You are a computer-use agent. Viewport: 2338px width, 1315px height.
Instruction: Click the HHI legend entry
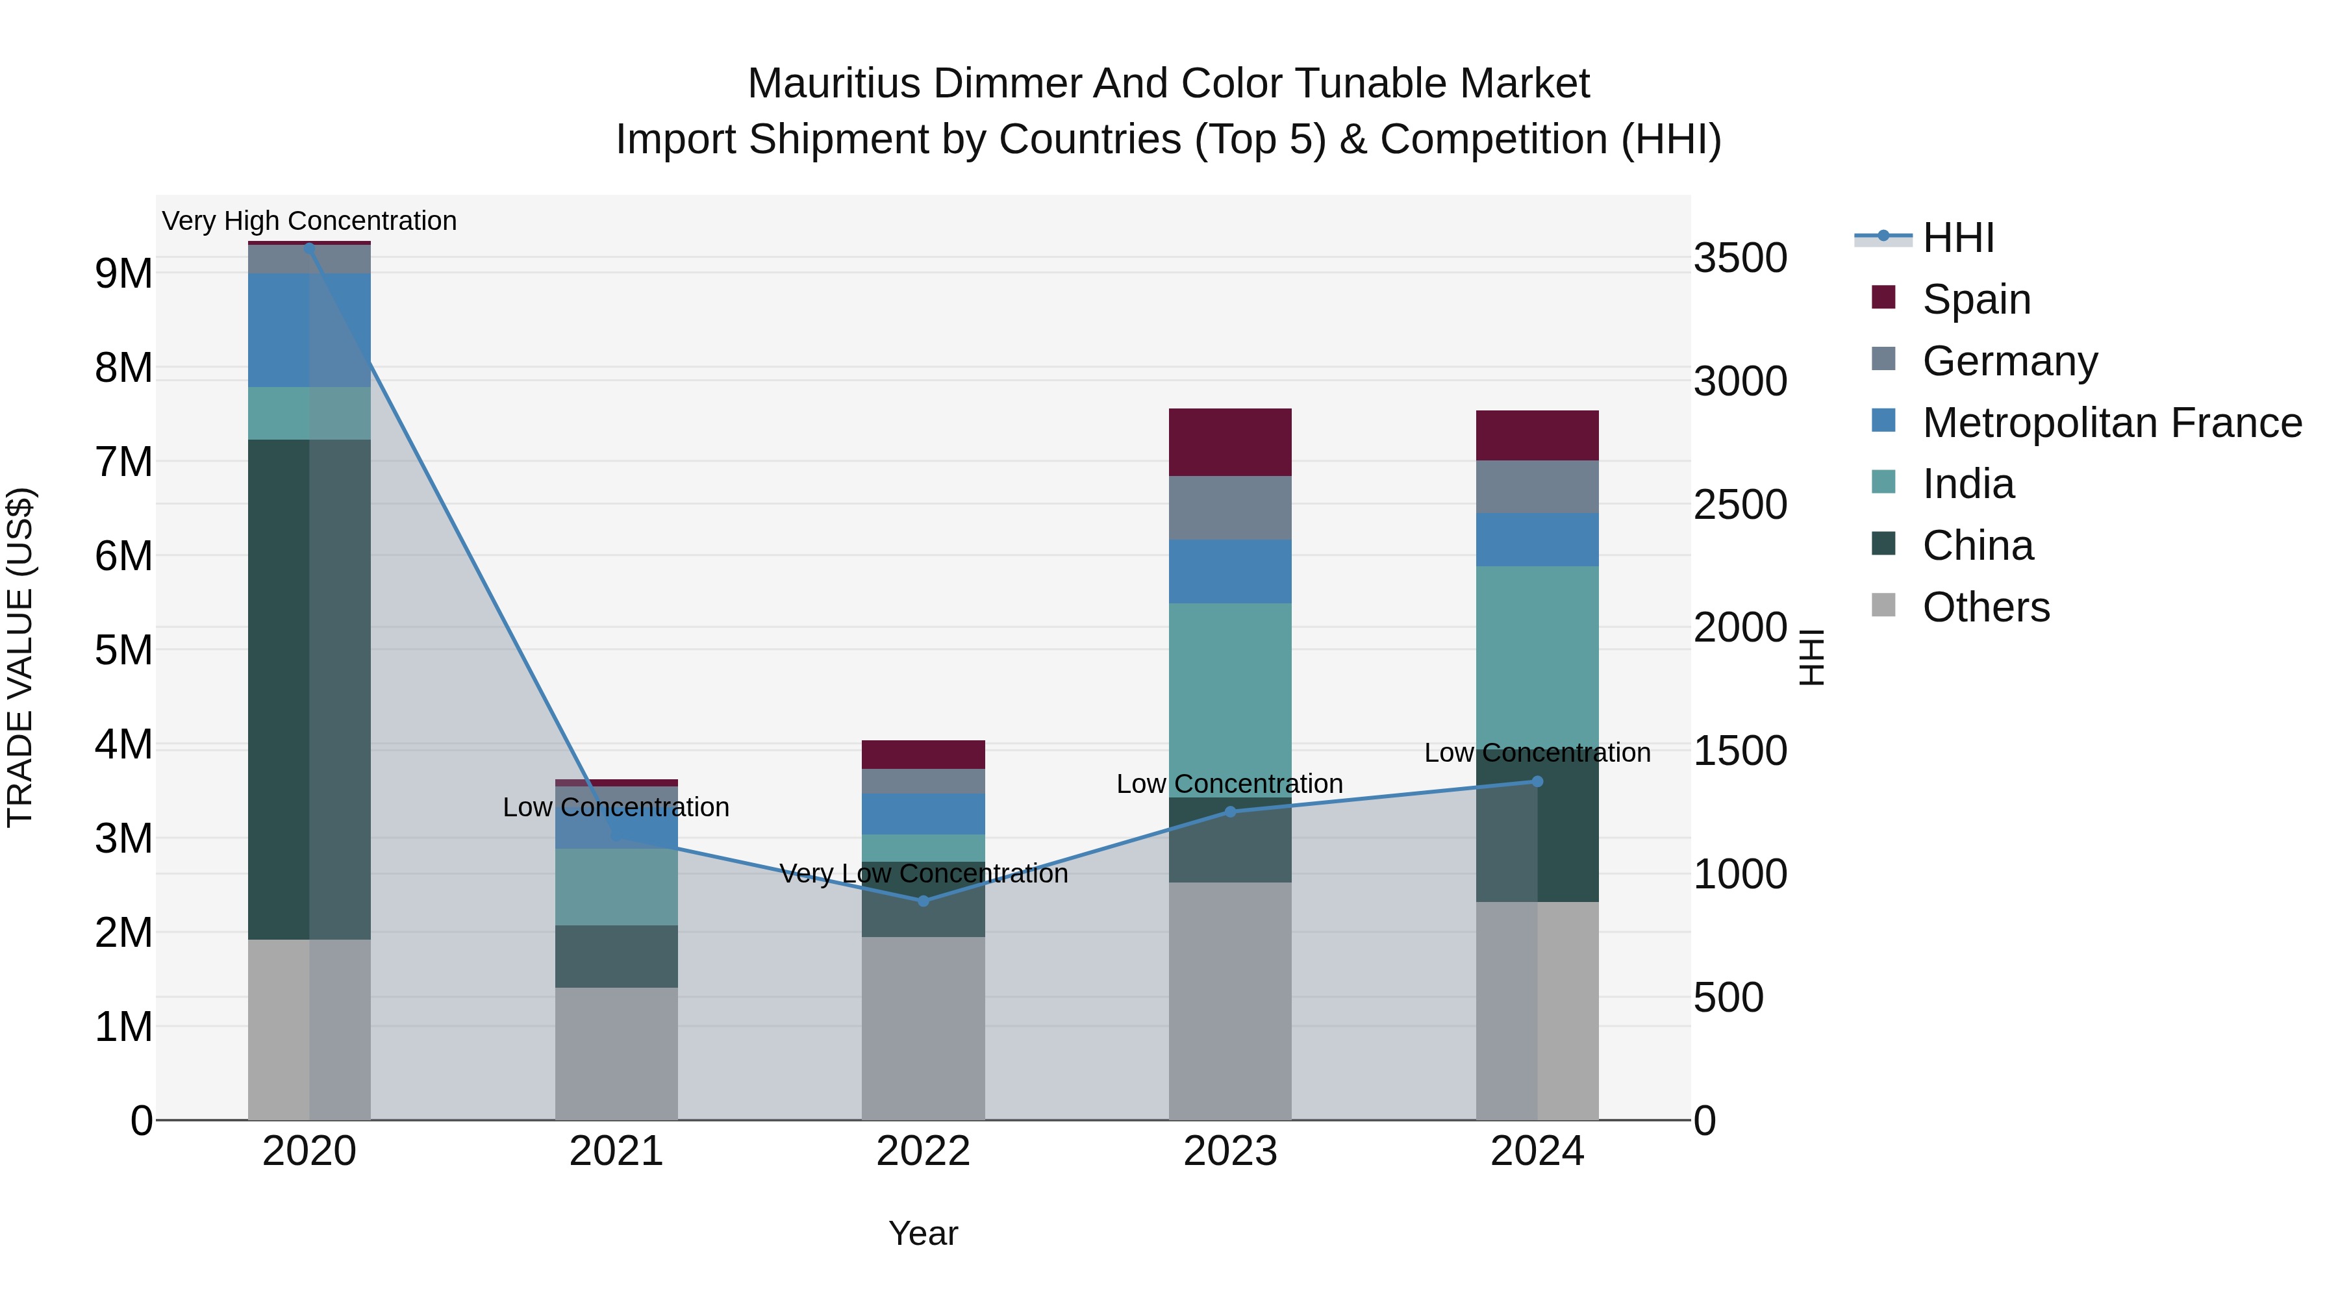tap(1957, 238)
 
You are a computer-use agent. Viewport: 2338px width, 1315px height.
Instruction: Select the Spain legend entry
tap(1975, 299)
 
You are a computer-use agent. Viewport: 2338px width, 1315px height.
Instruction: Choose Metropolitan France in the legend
tap(2111, 423)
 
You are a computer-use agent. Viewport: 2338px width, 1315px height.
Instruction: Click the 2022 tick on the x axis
tap(923, 1151)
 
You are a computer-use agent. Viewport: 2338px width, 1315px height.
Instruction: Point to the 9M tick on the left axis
tap(123, 273)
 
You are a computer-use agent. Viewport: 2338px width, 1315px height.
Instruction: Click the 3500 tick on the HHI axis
tap(1740, 258)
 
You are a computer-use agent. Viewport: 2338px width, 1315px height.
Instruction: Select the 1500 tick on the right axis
tap(1740, 751)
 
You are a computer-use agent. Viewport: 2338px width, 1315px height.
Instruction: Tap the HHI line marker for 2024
tap(1537, 781)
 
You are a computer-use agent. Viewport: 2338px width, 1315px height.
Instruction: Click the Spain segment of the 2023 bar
tap(1230, 442)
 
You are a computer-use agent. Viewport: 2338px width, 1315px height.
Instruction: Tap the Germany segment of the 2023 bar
tap(1230, 508)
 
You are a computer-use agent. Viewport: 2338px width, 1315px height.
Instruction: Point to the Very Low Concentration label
tap(923, 874)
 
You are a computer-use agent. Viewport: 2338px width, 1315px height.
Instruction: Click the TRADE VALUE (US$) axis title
tap(20, 657)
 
